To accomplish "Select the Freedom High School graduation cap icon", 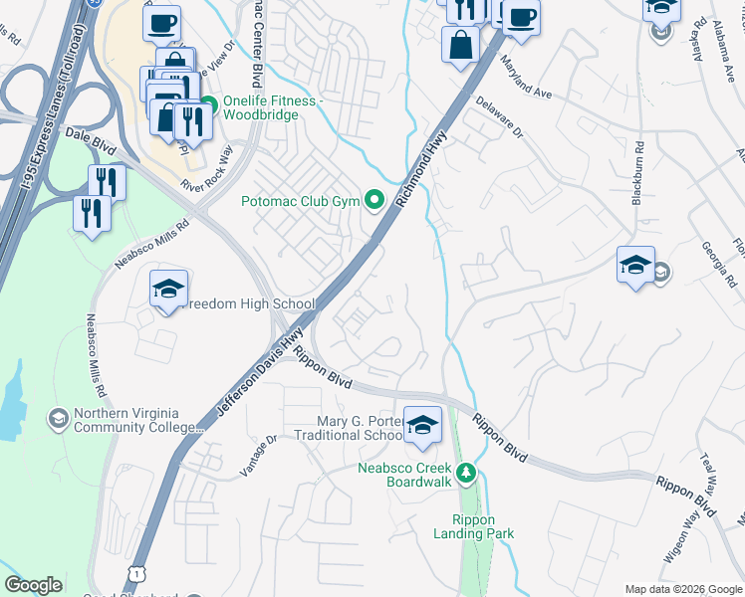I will (x=168, y=290).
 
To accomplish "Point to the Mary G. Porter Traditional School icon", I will (x=422, y=425).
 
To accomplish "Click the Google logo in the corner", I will (x=34, y=585).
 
